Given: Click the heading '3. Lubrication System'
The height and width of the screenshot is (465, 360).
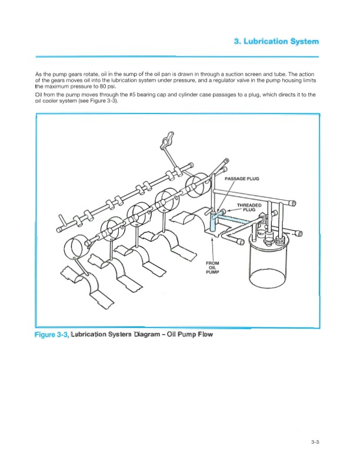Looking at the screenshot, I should coord(276,41).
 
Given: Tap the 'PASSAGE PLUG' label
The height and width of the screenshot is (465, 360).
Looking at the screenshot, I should coord(242,179).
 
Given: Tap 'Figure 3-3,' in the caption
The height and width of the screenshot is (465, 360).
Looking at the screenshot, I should coord(52,335).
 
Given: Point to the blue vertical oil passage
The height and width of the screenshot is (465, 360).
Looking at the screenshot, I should coord(212,222).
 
